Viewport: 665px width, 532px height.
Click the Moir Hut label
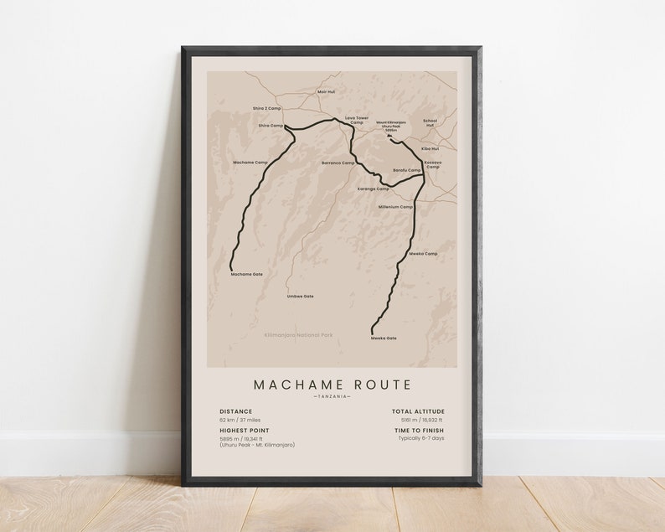[x=326, y=91]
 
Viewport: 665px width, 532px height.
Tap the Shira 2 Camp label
[x=267, y=108]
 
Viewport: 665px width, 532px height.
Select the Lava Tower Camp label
[x=356, y=120]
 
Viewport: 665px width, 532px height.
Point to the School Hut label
[x=430, y=121]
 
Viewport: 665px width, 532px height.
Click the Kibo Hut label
[x=430, y=148]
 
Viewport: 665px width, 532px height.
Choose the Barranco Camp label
[x=338, y=163]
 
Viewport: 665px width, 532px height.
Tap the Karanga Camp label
[x=374, y=189]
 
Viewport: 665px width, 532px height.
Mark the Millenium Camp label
[x=395, y=206]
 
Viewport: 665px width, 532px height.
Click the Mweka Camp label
[x=423, y=253]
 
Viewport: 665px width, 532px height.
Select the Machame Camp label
[x=250, y=162]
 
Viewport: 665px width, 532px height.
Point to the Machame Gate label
[x=247, y=273]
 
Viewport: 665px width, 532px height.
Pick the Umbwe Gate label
[x=300, y=296]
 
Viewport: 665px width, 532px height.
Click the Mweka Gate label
[x=384, y=338]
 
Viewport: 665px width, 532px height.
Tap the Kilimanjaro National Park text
[x=298, y=335]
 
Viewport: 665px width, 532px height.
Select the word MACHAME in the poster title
[x=297, y=385]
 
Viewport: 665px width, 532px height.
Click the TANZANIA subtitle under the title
[x=332, y=396]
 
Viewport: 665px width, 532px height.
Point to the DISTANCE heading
[x=235, y=411]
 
